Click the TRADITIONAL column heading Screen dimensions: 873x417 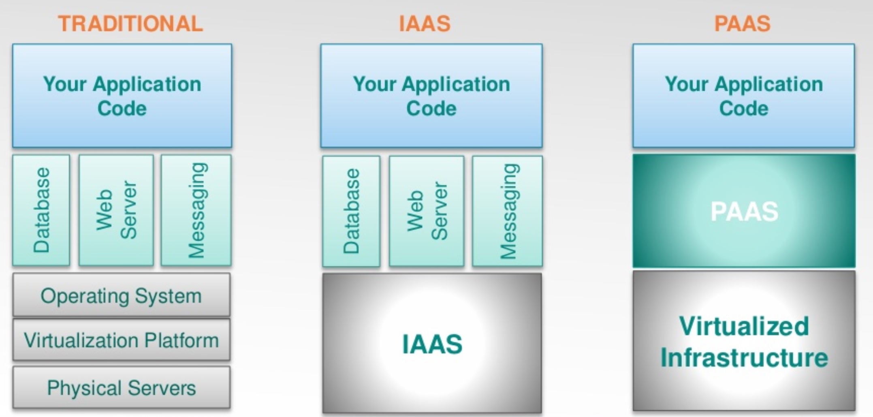tap(130, 24)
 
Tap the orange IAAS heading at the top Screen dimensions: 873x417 tap(425, 24)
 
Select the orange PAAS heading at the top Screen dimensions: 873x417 tap(742, 24)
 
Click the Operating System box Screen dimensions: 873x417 tap(122, 295)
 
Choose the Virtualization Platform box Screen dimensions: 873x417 tap(122, 340)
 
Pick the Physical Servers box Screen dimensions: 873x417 tap(122, 387)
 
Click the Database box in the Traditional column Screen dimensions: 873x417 tap(41, 210)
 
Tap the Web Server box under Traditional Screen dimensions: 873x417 tap(116, 210)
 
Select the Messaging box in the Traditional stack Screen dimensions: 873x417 tap(196, 210)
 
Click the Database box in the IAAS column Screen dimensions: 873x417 tap(351, 211)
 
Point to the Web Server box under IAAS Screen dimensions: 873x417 tap(427, 211)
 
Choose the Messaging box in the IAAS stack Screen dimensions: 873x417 tap(507, 211)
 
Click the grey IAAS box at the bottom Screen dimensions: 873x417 tap(432, 343)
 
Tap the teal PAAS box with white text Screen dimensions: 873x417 tap(744, 211)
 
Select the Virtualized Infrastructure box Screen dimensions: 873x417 tap(744, 341)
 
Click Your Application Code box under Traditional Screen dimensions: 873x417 tap(122, 96)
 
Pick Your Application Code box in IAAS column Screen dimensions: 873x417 tap(431, 96)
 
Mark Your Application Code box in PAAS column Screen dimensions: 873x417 tap(744, 96)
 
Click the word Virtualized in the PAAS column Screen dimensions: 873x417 tap(744, 326)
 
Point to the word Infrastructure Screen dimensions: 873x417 tap(744, 357)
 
